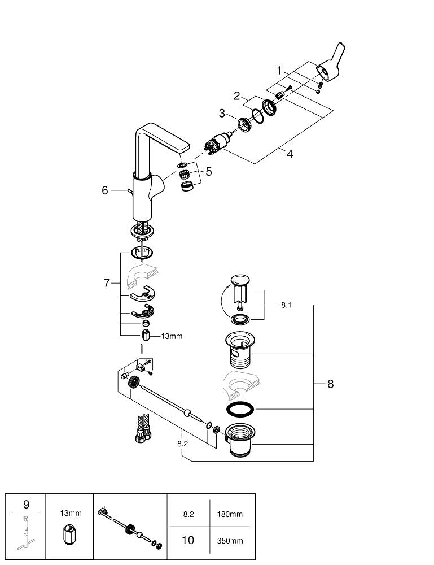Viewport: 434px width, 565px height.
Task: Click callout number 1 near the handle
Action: [279, 71]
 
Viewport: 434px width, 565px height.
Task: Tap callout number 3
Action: [222, 113]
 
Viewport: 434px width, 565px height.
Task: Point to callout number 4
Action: [290, 153]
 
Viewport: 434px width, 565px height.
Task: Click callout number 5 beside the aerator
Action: [209, 171]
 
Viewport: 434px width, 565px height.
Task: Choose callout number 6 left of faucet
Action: [105, 190]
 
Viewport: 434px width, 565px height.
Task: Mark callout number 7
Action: [107, 283]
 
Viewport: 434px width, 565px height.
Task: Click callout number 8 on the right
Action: [330, 384]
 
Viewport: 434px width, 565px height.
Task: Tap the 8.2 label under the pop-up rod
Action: [182, 444]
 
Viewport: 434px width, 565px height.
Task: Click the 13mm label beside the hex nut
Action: [172, 336]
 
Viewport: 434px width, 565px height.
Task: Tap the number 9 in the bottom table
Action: [25, 503]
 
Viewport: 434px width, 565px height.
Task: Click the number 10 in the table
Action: [187, 540]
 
